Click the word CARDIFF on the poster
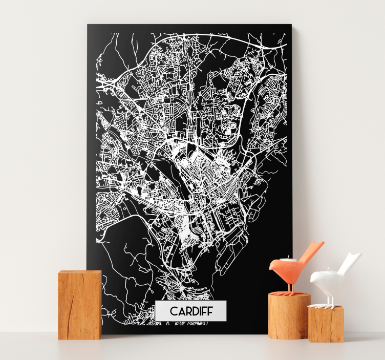click(190, 311)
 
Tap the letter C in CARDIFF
click(174, 311)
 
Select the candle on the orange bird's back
click(288, 260)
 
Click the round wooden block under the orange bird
click(289, 316)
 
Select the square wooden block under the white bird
click(326, 324)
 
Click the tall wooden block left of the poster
click(79, 305)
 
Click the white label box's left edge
click(156, 311)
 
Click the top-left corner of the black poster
click(88, 25)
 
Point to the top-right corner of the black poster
click(291, 25)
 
